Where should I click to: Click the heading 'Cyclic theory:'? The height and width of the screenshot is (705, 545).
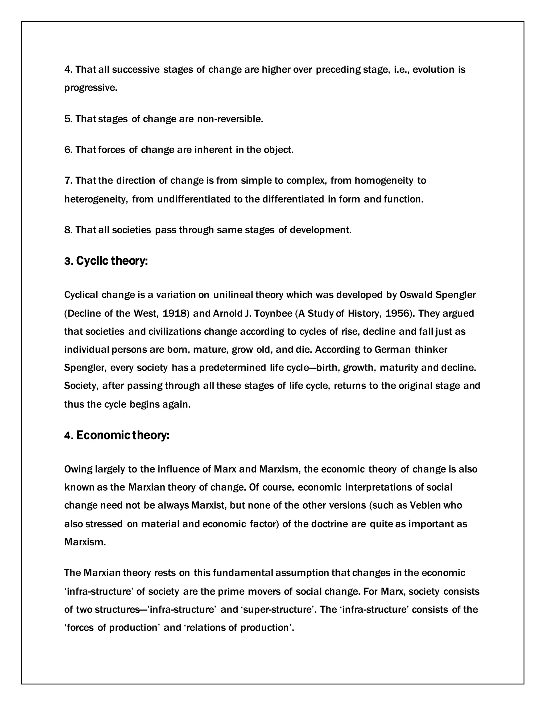click(112, 261)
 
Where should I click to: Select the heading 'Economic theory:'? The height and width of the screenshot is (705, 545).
click(122, 436)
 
